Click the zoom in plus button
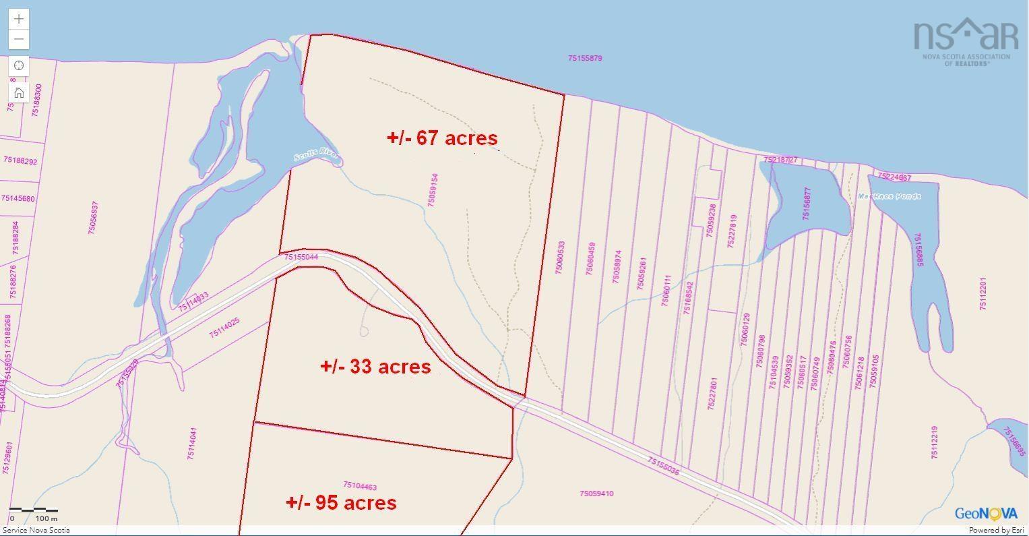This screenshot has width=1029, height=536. pos(19,19)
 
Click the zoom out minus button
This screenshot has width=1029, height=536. pos(19,39)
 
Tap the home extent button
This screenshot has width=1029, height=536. pos(19,92)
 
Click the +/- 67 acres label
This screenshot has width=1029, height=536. pos(442,138)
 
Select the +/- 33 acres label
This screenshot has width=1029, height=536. pos(375,366)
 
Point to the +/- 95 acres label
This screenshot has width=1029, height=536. pos(341,502)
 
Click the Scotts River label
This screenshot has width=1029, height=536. pos(317,156)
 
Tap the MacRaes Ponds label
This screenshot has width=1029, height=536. pos(889,196)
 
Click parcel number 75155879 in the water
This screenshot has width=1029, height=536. pos(585,59)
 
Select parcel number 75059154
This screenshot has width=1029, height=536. pos(433,190)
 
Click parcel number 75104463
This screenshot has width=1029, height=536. pos(360,486)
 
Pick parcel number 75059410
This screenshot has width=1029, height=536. pos(596,494)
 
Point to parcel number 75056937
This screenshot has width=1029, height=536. pos(94,217)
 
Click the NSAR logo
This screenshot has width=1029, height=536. pos(965,40)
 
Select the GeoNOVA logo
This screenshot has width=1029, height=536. pos(986,514)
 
